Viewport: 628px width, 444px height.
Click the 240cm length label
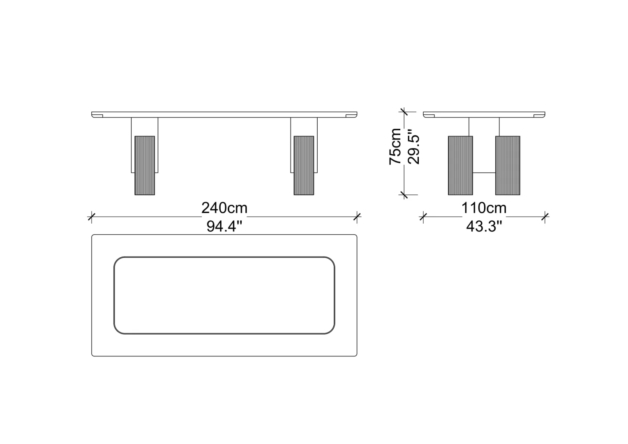point(224,208)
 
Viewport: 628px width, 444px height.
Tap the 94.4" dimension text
point(224,226)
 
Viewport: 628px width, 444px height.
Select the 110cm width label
point(484,208)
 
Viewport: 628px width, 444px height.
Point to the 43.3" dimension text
point(484,226)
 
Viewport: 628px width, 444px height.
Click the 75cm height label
point(395,146)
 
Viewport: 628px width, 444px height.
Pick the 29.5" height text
point(413,146)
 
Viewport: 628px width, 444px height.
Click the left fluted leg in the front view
point(145,166)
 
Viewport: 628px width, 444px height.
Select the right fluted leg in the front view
point(304,166)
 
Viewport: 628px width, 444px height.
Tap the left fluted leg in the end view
point(460,166)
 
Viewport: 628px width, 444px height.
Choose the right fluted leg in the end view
point(508,166)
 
